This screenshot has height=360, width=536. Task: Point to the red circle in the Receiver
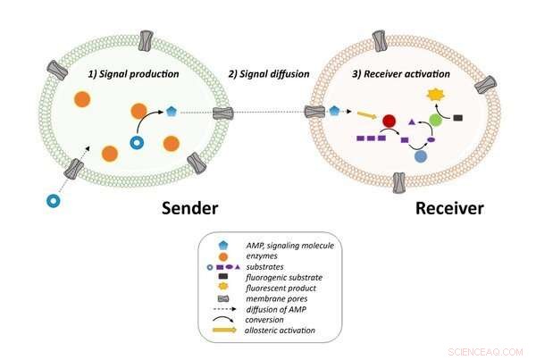pyautogui.click(x=389, y=121)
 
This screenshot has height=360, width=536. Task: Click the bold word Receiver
pyautogui.click(x=449, y=209)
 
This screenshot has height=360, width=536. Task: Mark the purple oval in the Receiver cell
pyautogui.click(x=431, y=139)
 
